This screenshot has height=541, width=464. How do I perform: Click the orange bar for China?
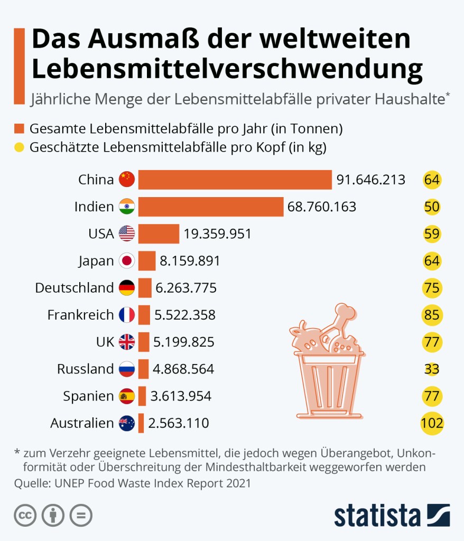point(235,180)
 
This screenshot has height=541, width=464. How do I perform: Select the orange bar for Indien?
point(210,207)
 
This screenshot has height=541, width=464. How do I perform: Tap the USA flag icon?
point(127,234)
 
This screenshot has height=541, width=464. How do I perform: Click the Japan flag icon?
point(127,261)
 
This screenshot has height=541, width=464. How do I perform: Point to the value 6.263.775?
point(185,288)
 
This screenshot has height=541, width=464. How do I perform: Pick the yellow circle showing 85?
point(432,315)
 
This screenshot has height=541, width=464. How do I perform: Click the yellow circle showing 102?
point(432,423)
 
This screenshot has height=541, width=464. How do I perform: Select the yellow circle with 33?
point(432,369)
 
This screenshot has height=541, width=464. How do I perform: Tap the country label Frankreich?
point(80,315)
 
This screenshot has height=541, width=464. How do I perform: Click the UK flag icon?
point(127,342)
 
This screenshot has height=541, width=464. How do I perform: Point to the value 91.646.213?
point(371,180)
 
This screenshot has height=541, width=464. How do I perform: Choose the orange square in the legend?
point(20,129)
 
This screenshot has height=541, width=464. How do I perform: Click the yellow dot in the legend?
point(20,147)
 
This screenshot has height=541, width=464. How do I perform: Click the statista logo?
point(392,515)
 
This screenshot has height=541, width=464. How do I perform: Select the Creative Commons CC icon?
point(25,516)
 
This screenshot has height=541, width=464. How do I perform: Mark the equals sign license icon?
point(81,516)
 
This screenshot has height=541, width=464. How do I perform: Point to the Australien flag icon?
point(127,423)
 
